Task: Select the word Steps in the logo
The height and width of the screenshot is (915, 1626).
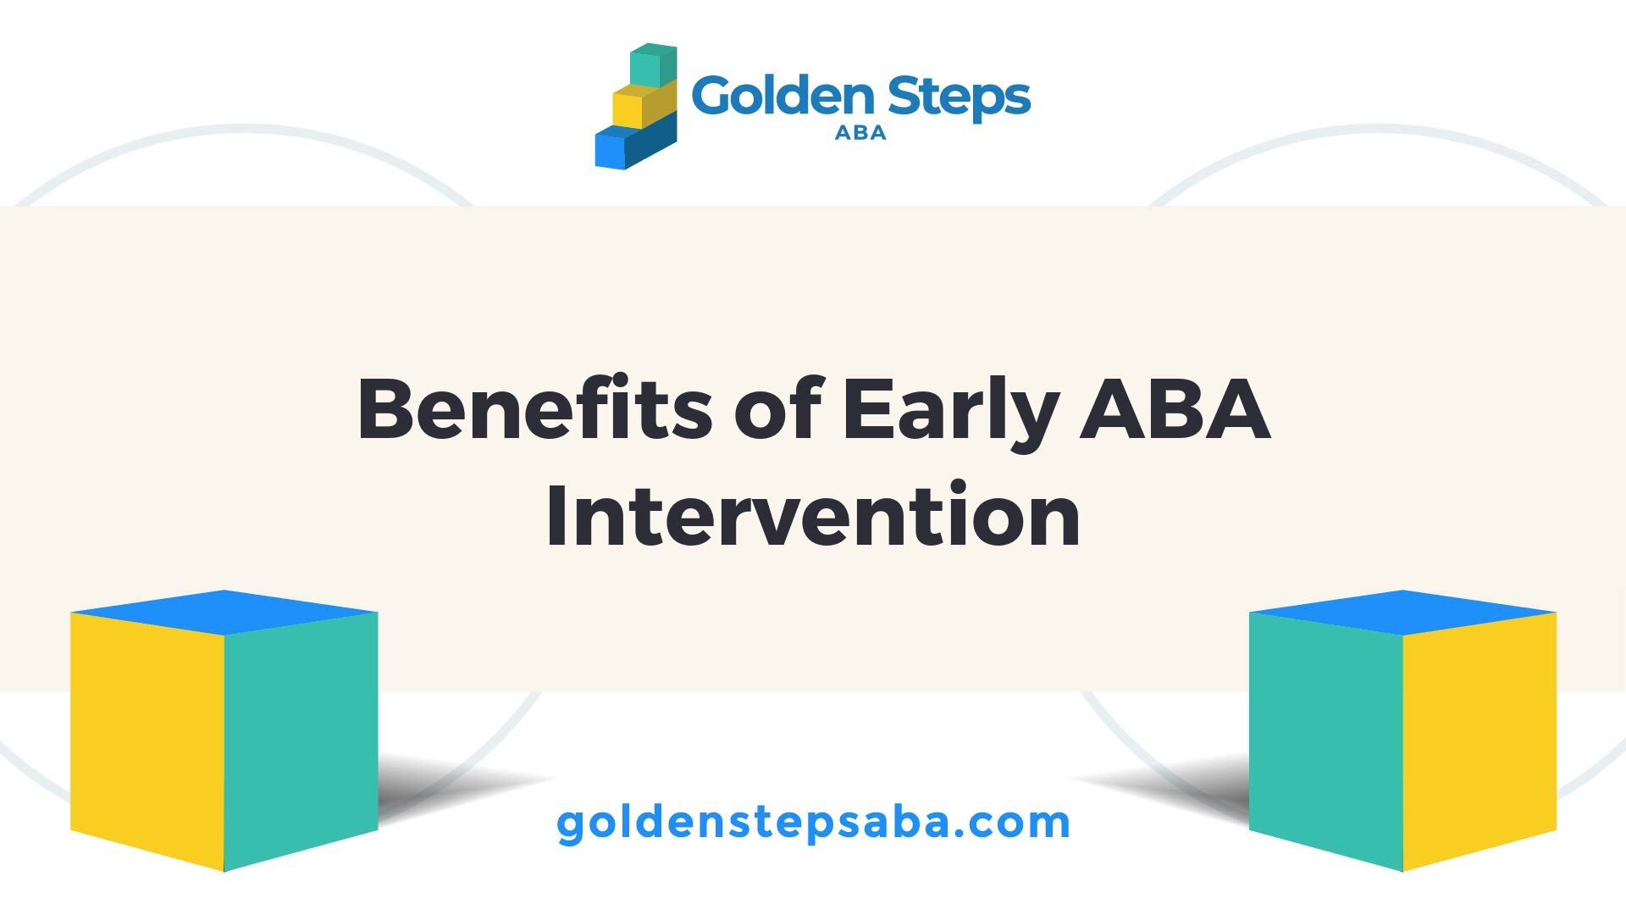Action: point(960,97)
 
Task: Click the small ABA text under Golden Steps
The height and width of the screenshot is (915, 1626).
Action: point(860,132)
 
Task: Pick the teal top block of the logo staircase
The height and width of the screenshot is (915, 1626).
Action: point(654,66)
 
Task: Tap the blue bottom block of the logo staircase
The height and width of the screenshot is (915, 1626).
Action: point(635,144)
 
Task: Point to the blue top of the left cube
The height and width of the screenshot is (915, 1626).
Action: point(224,612)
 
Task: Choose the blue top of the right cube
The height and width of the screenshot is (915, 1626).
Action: point(1403,612)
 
